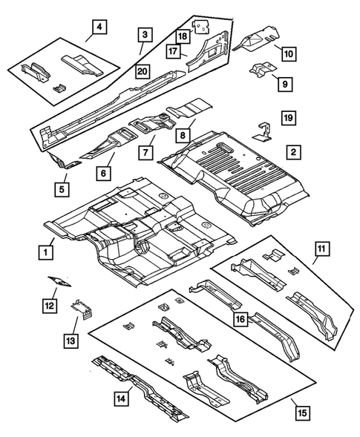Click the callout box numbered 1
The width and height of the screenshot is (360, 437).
coord(47,252)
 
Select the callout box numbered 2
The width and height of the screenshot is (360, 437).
coord(294,152)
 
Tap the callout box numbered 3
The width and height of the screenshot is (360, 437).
coord(145,34)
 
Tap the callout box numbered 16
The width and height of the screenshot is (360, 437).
coord(240,320)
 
